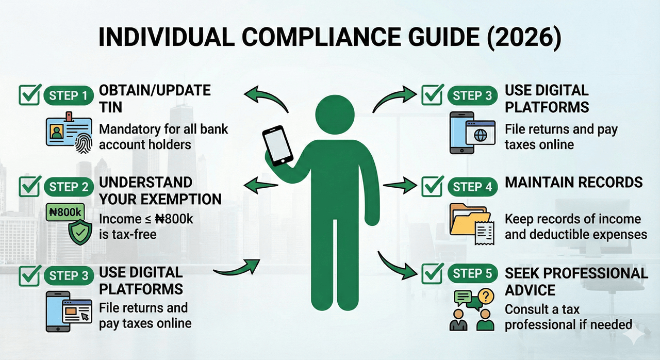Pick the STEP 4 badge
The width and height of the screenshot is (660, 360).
(x=472, y=187)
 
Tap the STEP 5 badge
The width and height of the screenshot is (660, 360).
(x=472, y=274)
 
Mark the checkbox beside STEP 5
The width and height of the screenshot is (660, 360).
(x=432, y=273)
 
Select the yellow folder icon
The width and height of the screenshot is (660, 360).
(x=466, y=220)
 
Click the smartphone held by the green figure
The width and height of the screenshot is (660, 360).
(x=277, y=146)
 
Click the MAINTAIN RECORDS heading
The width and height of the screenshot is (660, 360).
(x=573, y=182)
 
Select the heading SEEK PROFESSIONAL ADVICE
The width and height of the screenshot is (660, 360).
(x=576, y=282)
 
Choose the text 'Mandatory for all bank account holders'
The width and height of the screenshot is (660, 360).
(x=163, y=136)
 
